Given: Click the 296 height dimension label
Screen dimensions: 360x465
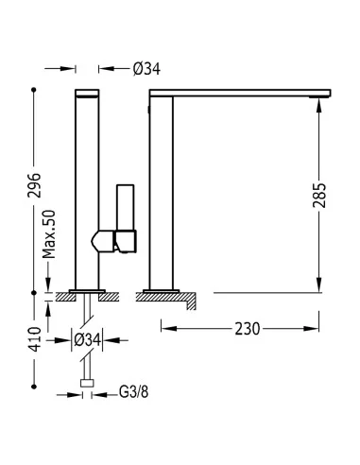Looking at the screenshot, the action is coord(34,185).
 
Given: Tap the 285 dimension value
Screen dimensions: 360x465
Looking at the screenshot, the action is coord(319,195).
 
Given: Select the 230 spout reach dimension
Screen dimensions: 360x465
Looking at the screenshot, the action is coord(248,329).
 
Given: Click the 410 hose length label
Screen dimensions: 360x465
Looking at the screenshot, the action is coord(35,339).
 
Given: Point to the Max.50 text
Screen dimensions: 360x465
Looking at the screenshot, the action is coord(49,234).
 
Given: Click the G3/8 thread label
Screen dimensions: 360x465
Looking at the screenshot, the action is coord(133,392).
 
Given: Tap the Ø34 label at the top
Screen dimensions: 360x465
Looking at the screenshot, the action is coord(146,69).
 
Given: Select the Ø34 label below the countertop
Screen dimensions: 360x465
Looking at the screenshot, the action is coord(88,340).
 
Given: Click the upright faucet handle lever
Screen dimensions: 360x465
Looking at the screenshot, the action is coord(126,208).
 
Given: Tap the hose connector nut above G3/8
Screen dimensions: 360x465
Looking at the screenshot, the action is coord(87,383).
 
